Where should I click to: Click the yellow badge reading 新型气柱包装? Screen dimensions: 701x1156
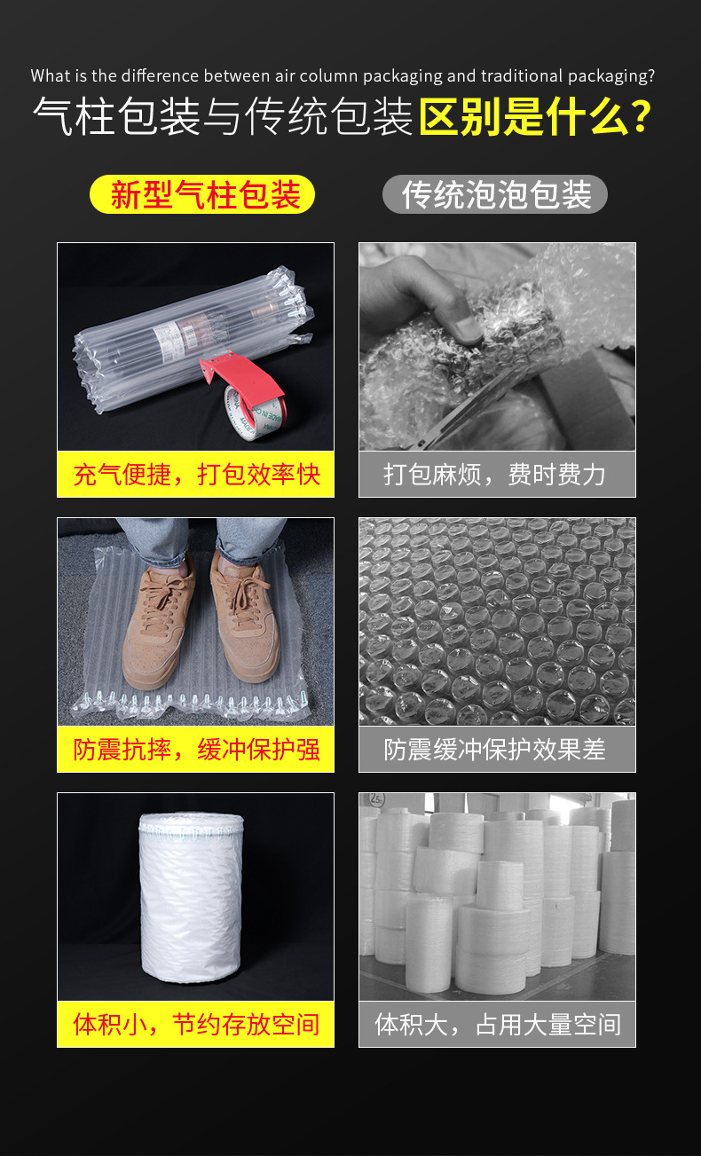[x=202, y=194]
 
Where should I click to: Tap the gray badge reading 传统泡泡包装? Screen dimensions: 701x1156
[x=495, y=194]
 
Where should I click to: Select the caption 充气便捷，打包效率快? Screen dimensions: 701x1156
[x=196, y=475]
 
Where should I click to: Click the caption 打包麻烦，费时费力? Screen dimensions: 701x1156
[x=494, y=475]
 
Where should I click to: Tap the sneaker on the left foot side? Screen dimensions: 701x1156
[x=157, y=625]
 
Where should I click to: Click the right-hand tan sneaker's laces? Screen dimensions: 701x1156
[x=242, y=594]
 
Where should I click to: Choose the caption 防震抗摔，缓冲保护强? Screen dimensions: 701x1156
[x=196, y=750]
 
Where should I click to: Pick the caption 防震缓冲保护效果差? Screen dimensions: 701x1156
[x=494, y=750]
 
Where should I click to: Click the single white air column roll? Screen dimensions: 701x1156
[x=191, y=898]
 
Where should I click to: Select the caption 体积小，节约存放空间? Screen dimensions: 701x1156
[x=196, y=1025]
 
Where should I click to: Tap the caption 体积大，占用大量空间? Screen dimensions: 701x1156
[x=498, y=1025]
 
